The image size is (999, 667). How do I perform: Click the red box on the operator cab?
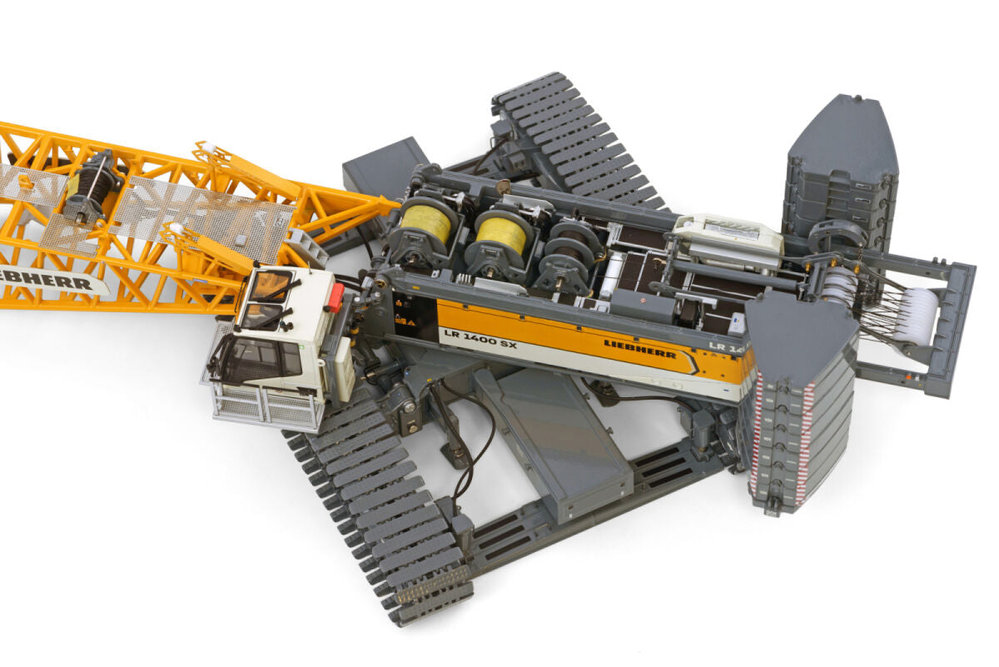(335, 297)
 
